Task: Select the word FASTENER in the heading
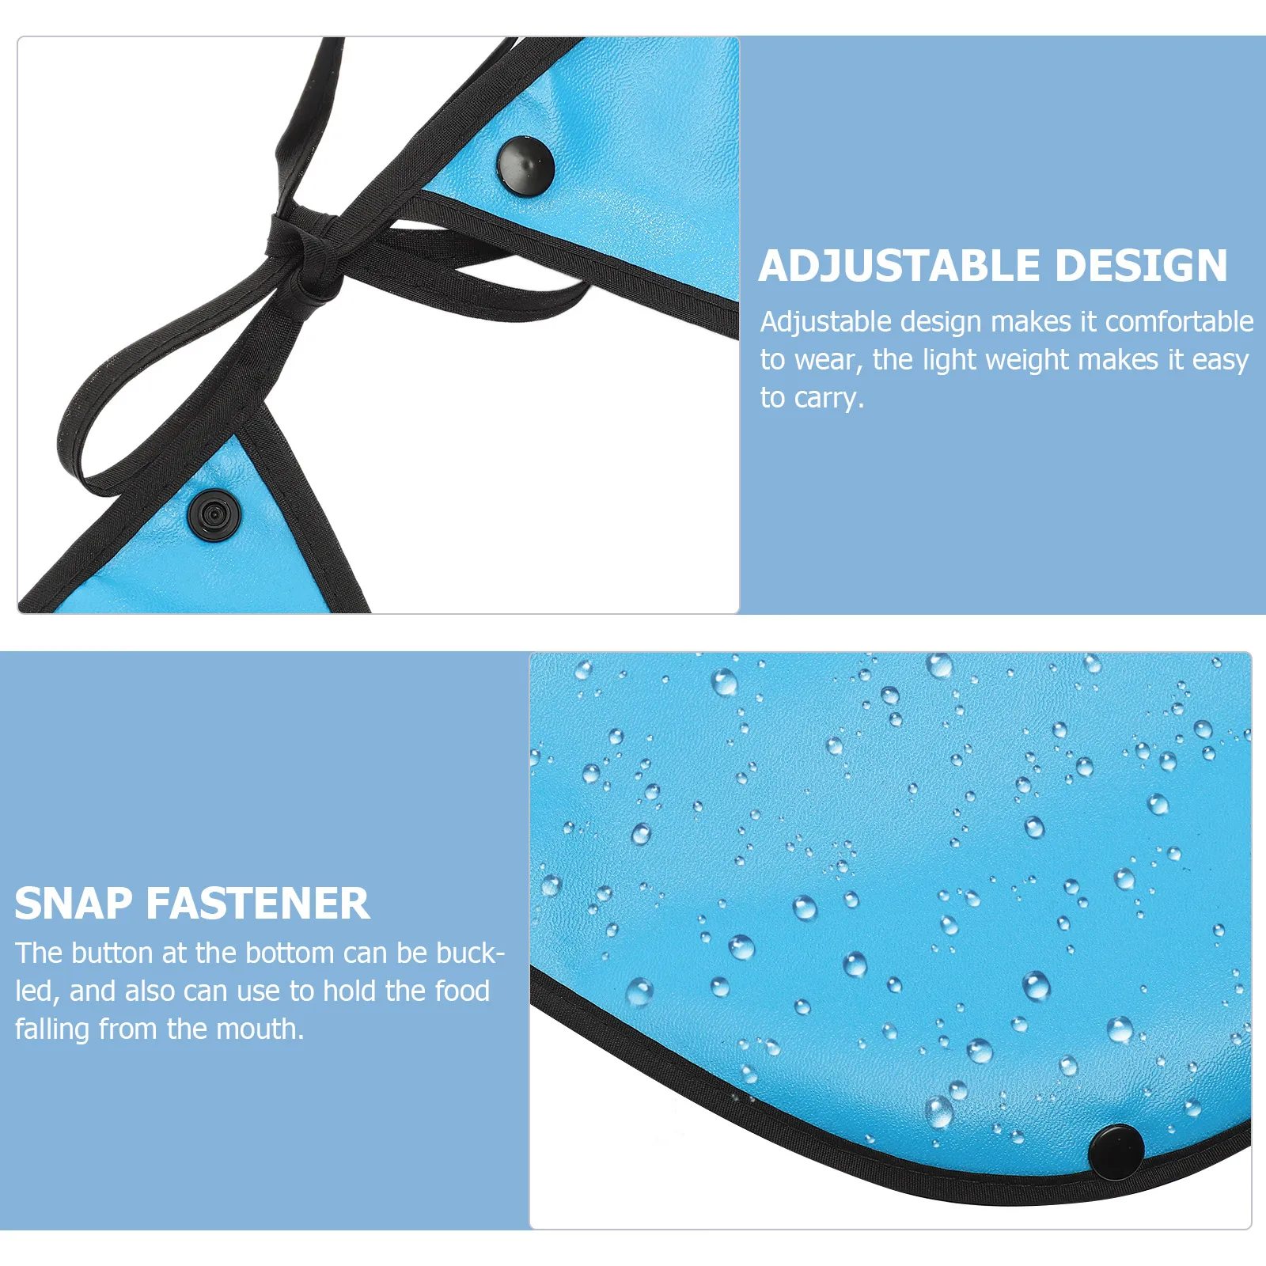click(258, 904)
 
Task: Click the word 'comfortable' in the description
click(1179, 322)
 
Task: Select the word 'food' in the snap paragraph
click(462, 991)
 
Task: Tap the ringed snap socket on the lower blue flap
click(213, 515)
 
